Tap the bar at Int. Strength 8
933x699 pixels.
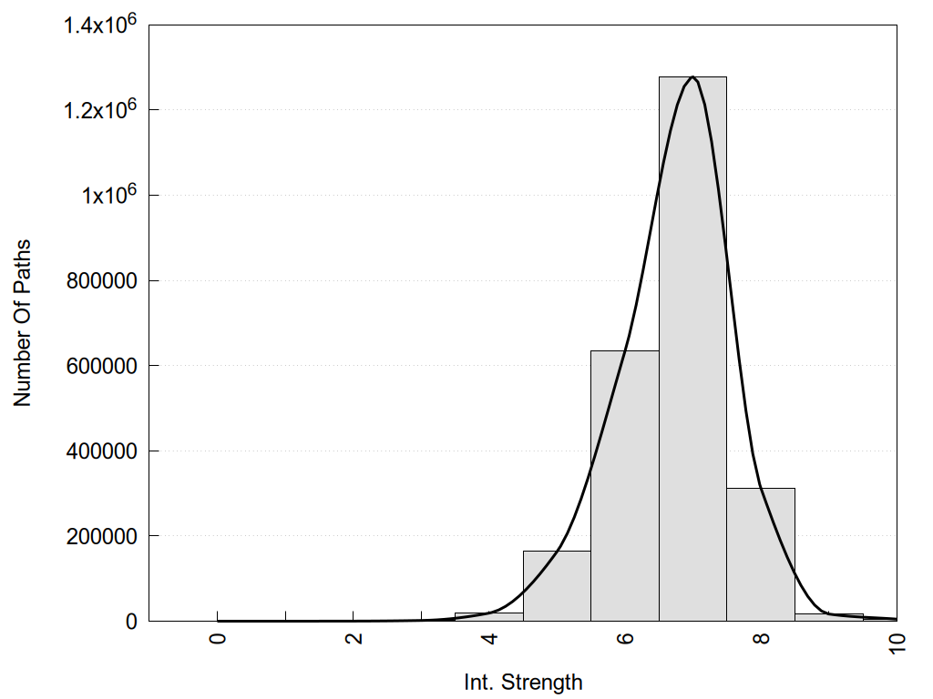pyautogui.click(x=761, y=555)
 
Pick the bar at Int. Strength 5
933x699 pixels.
pyautogui.click(x=557, y=587)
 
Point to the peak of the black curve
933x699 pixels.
pyautogui.click(x=693, y=77)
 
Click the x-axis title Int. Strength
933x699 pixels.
pyautogui.click(x=523, y=681)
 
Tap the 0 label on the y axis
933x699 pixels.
pyautogui.click(x=130, y=622)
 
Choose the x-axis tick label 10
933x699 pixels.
pyautogui.click(x=897, y=641)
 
